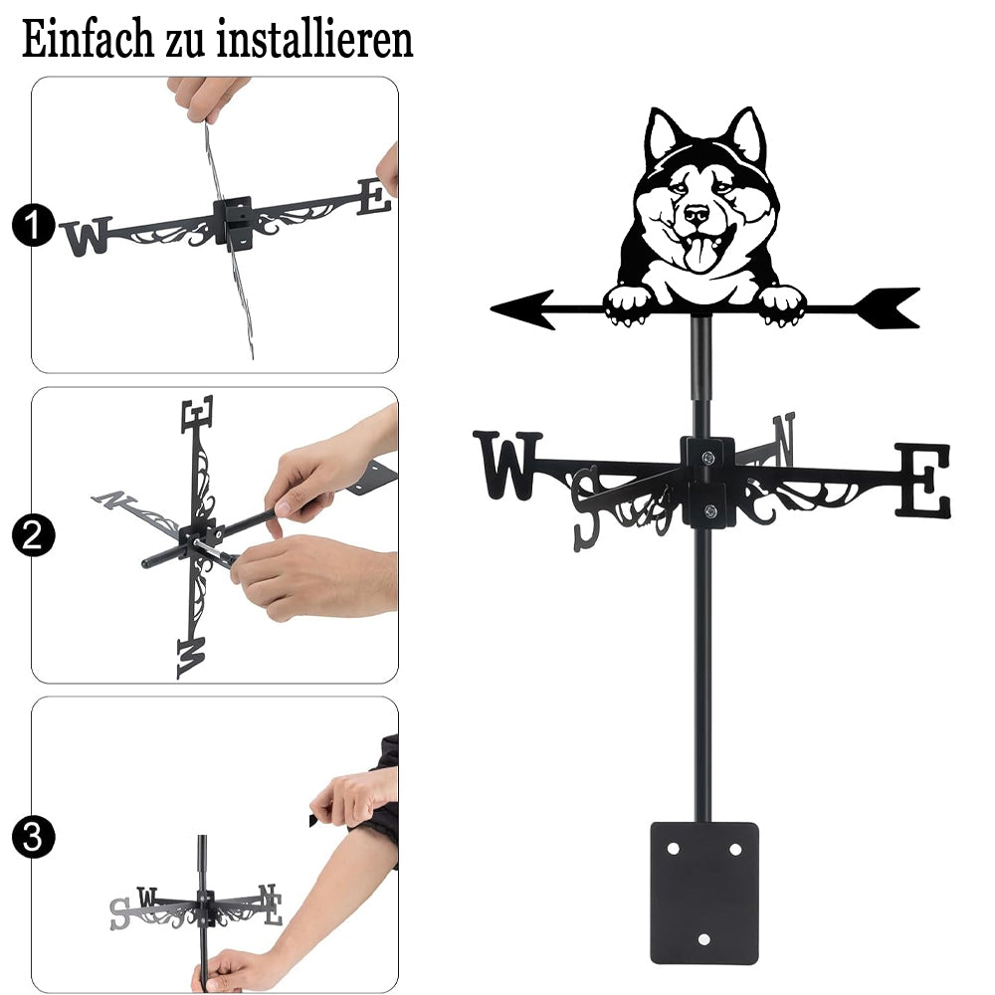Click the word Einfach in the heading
click(88, 39)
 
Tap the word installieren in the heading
click(314, 39)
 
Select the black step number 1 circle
click(34, 225)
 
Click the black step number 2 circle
click(34, 535)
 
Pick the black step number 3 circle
click(34, 837)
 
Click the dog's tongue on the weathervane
click(699, 253)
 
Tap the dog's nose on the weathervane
click(696, 213)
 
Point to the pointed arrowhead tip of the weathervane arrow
click(493, 309)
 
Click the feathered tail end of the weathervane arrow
click(889, 308)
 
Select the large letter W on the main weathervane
click(507, 465)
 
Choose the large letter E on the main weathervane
click(924, 480)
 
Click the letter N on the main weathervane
click(784, 437)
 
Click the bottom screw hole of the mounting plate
click(703, 939)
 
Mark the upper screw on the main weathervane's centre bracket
click(708, 457)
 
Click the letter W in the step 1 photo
click(87, 237)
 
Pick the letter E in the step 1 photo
click(374, 197)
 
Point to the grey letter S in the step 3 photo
click(119, 913)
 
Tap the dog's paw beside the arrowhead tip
click(627, 305)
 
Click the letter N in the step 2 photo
click(114, 499)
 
